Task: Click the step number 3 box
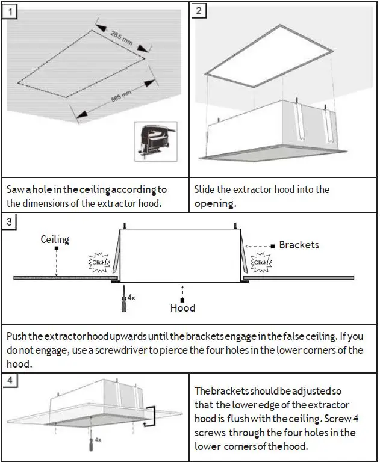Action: tap(8, 221)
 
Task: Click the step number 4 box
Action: tap(8, 380)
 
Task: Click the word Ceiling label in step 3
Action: tap(55, 239)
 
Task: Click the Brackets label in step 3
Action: tap(299, 245)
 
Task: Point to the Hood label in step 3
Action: tap(182, 307)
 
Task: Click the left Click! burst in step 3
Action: tap(98, 262)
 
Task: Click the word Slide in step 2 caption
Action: tap(206, 189)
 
